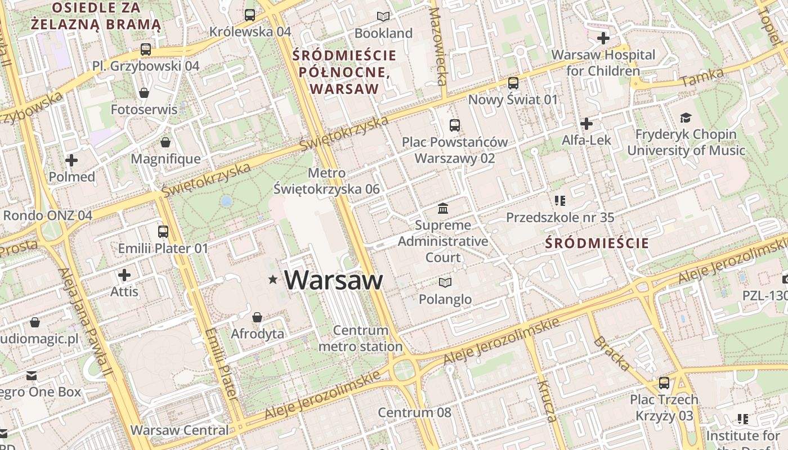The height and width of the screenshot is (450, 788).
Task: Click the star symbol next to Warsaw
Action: point(273,280)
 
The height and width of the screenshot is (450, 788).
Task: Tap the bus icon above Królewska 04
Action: point(250,15)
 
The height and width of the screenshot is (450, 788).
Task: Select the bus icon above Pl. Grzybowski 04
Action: point(146,49)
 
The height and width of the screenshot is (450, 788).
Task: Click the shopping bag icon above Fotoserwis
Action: point(144,93)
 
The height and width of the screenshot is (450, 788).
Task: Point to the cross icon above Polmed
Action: point(71,160)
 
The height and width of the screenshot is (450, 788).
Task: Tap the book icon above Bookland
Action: point(383,17)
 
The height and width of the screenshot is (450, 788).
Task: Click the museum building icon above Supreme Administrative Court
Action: point(443,209)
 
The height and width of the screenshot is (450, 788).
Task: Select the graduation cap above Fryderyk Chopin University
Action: point(686,118)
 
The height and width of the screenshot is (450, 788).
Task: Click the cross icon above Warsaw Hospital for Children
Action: point(603,38)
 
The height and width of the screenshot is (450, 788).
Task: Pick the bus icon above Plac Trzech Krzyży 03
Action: point(664,383)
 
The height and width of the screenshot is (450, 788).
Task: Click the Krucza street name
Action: point(547,400)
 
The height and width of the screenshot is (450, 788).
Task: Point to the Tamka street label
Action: point(701,78)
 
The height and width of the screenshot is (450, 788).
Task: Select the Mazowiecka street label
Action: point(438,46)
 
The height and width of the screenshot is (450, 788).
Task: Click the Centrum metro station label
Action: point(360,338)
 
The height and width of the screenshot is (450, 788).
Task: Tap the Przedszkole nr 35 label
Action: point(559,217)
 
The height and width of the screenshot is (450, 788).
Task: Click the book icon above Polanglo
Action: point(445,282)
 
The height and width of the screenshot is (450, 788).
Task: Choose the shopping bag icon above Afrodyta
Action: point(257,317)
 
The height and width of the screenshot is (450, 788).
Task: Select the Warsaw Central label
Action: point(180,430)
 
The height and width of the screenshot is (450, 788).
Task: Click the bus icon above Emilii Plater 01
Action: point(163,231)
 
